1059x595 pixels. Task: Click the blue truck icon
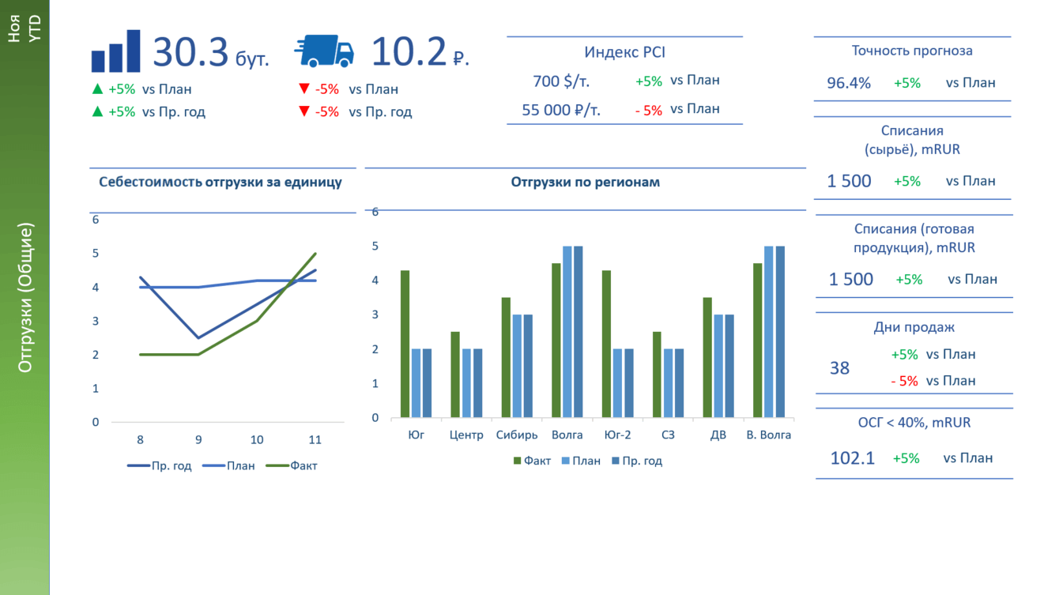[324, 52]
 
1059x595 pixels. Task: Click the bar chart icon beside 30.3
[115, 52]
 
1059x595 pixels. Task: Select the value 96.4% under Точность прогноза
[849, 83]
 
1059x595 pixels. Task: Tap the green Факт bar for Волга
[556, 340]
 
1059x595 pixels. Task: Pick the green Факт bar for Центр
[455, 375]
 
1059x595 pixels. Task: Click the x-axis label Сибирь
[517, 435]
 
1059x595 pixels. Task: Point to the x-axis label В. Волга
[768, 435]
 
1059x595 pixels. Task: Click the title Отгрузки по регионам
[585, 182]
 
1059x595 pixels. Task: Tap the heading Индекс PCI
[624, 52]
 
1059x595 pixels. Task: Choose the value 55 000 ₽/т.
[561, 110]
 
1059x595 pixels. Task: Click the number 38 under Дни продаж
[839, 368]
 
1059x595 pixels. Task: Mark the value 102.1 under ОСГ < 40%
[853, 458]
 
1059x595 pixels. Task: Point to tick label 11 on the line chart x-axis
[315, 439]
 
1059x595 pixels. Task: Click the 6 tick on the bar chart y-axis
[375, 212]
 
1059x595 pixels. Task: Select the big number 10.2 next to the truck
[409, 52]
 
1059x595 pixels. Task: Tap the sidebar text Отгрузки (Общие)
[25, 298]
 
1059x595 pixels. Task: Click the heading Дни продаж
[914, 327]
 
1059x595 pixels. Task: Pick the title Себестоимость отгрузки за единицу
[220, 182]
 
